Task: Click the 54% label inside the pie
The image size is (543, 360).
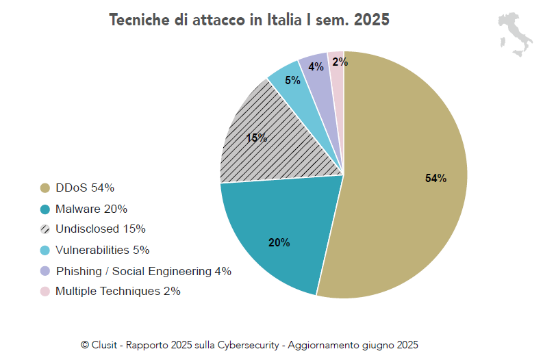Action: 435,179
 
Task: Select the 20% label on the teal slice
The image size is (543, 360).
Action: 279,242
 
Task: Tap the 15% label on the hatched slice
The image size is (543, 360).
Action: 256,138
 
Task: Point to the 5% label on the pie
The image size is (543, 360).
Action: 292,80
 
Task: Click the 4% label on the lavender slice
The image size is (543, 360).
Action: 316,67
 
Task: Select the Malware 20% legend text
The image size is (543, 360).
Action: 91,209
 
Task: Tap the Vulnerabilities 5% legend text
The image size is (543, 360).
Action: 102,250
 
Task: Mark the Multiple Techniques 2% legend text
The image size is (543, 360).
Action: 118,291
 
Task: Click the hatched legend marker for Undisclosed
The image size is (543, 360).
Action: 45,229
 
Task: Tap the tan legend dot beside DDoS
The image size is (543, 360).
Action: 45,188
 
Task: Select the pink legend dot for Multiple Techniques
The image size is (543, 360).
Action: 45,292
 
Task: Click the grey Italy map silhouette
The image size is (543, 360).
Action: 515,35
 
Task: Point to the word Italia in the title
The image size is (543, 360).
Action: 283,20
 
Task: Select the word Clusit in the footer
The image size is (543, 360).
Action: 107,345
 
